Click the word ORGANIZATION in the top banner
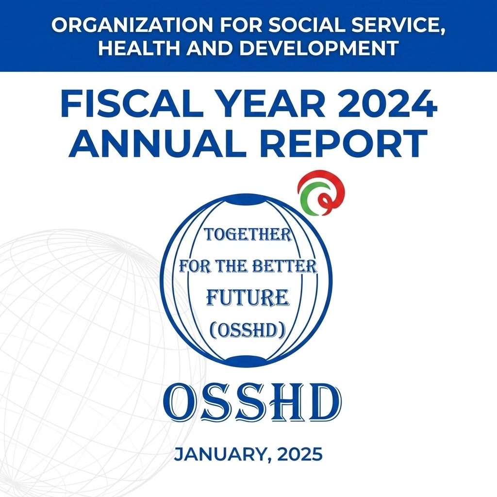pos(132,25)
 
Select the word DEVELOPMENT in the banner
pos(319,48)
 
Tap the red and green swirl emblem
pos(321,193)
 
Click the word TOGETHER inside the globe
pos(248,234)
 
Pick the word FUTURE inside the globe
pos(248,298)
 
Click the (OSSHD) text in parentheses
pos(248,330)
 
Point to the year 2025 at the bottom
pos(300,454)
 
